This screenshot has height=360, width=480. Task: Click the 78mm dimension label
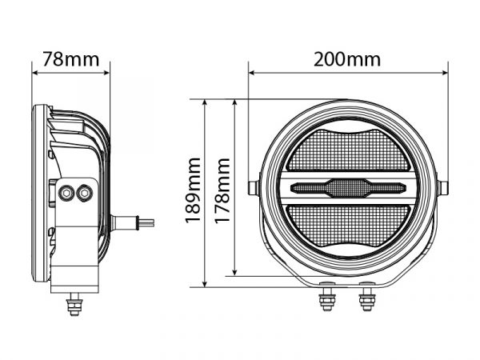(x=71, y=59)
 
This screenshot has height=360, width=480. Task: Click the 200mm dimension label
(x=347, y=59)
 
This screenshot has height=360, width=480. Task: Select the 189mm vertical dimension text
(x=194, y=190)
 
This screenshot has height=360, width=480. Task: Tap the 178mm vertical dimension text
(x=222, y=191)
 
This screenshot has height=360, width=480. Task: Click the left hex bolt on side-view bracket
(x=66, y=193)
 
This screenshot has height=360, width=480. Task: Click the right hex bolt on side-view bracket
(x=85, y=193)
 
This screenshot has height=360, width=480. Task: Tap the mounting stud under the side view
(x=74, y=304)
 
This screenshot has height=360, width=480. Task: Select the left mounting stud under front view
(x=327, y=296)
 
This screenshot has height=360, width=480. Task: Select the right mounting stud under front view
(x=367, y=296)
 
